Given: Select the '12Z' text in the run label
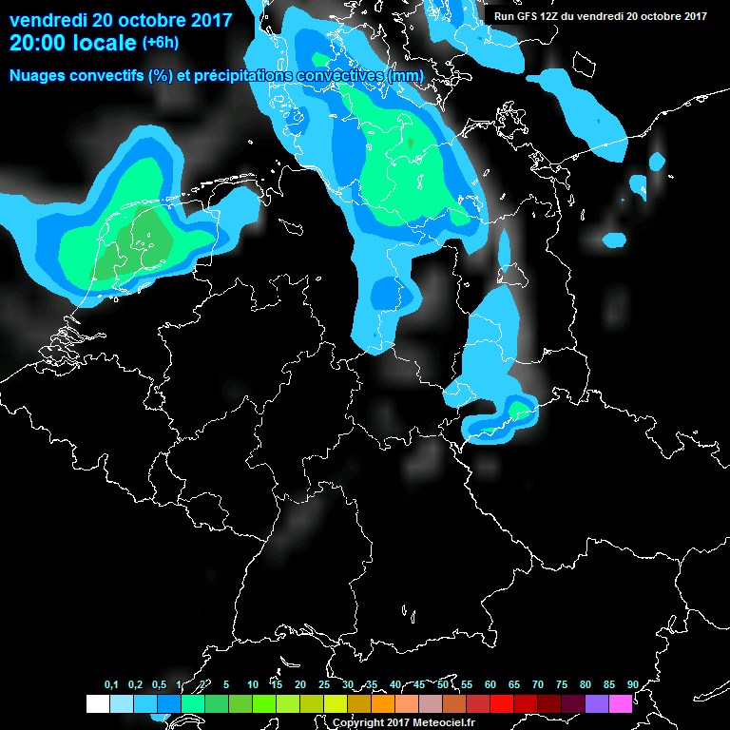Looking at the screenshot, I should pyautogui.click(x=550, y=15).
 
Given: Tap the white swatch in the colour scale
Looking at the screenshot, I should pyautogui.click(x=97, y=704).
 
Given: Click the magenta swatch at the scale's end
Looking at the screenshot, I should pyautogui.click(x=620, y=704).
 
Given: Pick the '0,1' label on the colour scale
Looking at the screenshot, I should pyautogui.click(x=111, y=684).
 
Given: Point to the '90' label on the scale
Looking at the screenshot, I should pyautogui.click(x=632, y=684).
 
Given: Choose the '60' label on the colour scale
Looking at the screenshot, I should pyautogui.click(x=490, y=684).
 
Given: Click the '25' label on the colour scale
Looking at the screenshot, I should pyautogui.click(x=323, y=684).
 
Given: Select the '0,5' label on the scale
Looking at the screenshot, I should pyautogui.click(x=159, y=684).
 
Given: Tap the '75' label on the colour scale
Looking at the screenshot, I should pyautogui.click(x=561, y=684).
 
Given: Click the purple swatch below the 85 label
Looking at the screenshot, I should pyautogui.click(x=596, y=704).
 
